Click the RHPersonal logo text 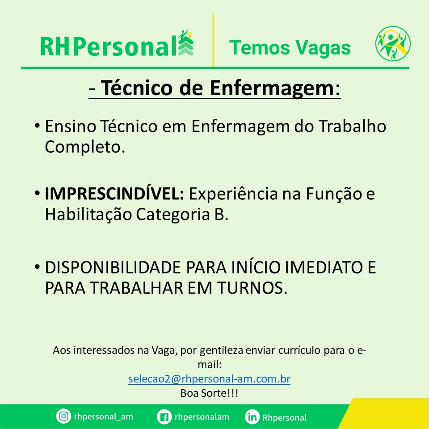[x=109, y=46]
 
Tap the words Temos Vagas [x=290, y=48]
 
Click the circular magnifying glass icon [x=393, y=43]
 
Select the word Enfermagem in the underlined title [x=272, y=88]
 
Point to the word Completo [x=85, y=147]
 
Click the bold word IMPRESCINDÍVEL [x=114, y=193]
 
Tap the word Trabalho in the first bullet [x=353, y=126]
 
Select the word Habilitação [x=88, y=214]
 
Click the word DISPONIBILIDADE [x=113, y=267]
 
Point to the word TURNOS [x=252, y=288]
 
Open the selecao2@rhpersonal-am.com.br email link [x=209, y=379]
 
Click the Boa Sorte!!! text [x=209, y=393]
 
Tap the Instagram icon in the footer [x=63, y=416]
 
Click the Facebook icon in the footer [x=164, y=417]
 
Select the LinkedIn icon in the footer [x=252, y=417]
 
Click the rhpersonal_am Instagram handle [x=103, y=416]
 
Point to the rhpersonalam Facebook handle [x=202, y=417]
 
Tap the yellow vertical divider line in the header [x=213, y=40]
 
